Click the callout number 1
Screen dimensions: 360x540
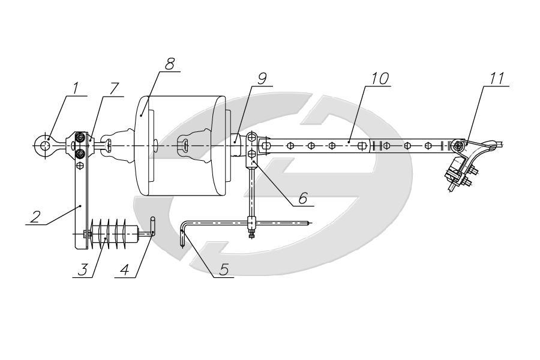[76, 88]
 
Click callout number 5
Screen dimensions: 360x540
[224, 270]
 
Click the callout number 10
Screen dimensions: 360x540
[380, 79]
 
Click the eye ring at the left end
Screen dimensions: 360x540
[44, 143]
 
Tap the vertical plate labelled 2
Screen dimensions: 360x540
[79, 204]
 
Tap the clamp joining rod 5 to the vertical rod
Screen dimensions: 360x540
[252, 225]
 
